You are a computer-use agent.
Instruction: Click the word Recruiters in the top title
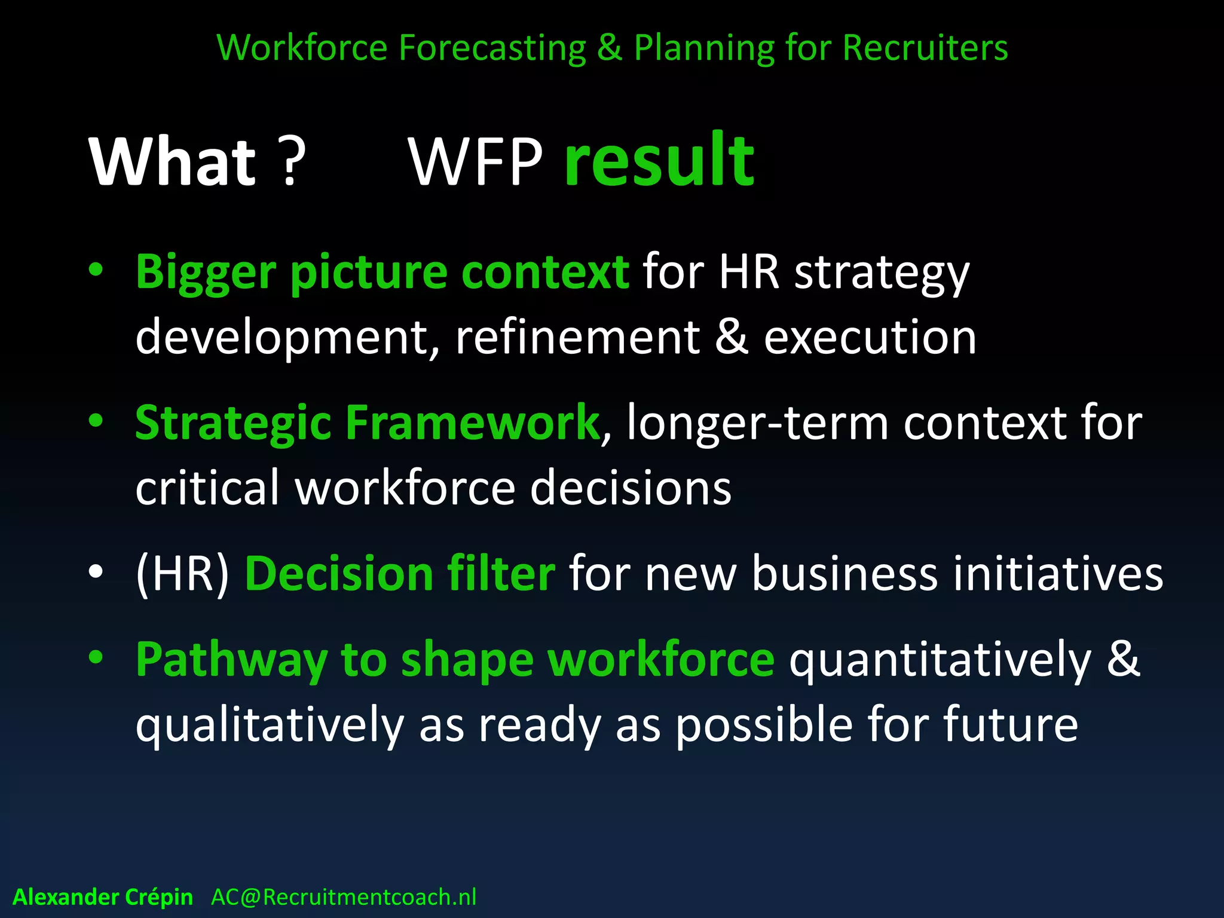click(x=925, y=48)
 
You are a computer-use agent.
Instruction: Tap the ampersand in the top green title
click(x=609, y=48)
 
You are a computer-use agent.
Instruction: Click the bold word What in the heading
click(x=173, y=162)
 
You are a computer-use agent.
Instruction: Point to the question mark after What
click(x=292, y=162)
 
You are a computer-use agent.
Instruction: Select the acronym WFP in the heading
click(x=476, y=162)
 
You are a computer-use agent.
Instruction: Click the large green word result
click(x=659, y=160)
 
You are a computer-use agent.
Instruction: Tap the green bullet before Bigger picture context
click(x=96, y=270)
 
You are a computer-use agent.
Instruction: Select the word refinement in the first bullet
click(x=577, y=337)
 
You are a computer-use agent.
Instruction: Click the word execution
click(x=870, y=337)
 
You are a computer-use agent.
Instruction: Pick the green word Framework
click(x=472, y=423)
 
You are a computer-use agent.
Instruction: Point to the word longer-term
click(x=758, y=423)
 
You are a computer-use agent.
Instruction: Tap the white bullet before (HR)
click(x=96, y=572)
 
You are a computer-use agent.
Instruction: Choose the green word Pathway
click(x=231, y=660)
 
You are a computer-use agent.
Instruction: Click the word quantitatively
click(x=940, y=660)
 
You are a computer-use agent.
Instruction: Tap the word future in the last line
click(x=1010, y=724)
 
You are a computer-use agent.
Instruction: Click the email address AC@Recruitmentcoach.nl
click(x=344, y=897)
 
